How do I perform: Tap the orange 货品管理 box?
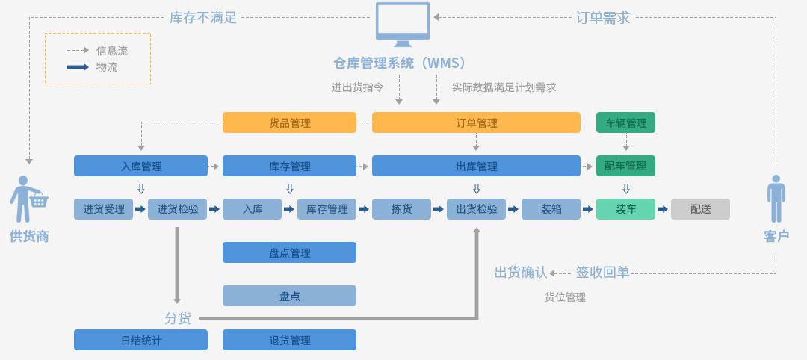point(289,122)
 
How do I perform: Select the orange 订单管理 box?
point(476,122)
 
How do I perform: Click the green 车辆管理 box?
point(625,122)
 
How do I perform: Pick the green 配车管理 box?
point(625,166)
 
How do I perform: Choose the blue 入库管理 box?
point(140,166)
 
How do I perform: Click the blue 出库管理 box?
point(476,166)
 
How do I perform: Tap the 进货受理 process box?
point(103,209)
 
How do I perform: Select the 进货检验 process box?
point(177,209)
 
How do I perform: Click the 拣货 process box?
point(401,209)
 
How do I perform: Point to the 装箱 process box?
point(551,209)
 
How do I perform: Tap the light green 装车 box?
point(625,209)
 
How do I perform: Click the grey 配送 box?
point(700,209)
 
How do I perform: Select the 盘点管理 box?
point(289,252)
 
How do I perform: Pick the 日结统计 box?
point(140,340)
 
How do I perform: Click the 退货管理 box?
point(289,340)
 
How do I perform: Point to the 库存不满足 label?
point(203,17)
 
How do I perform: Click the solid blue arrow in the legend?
point(78,67)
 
